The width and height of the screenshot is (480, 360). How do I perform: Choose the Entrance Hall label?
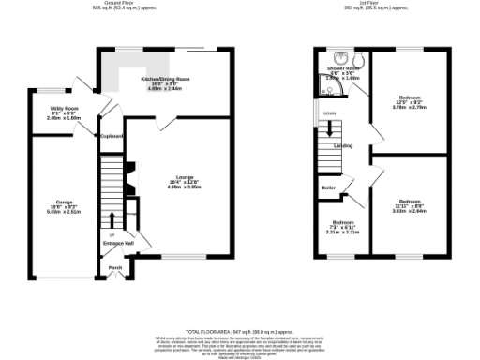119,244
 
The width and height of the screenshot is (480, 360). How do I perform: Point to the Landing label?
344,146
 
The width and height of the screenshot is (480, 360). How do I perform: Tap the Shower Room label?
341,68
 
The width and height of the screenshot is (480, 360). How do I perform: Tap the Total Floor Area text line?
239,332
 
